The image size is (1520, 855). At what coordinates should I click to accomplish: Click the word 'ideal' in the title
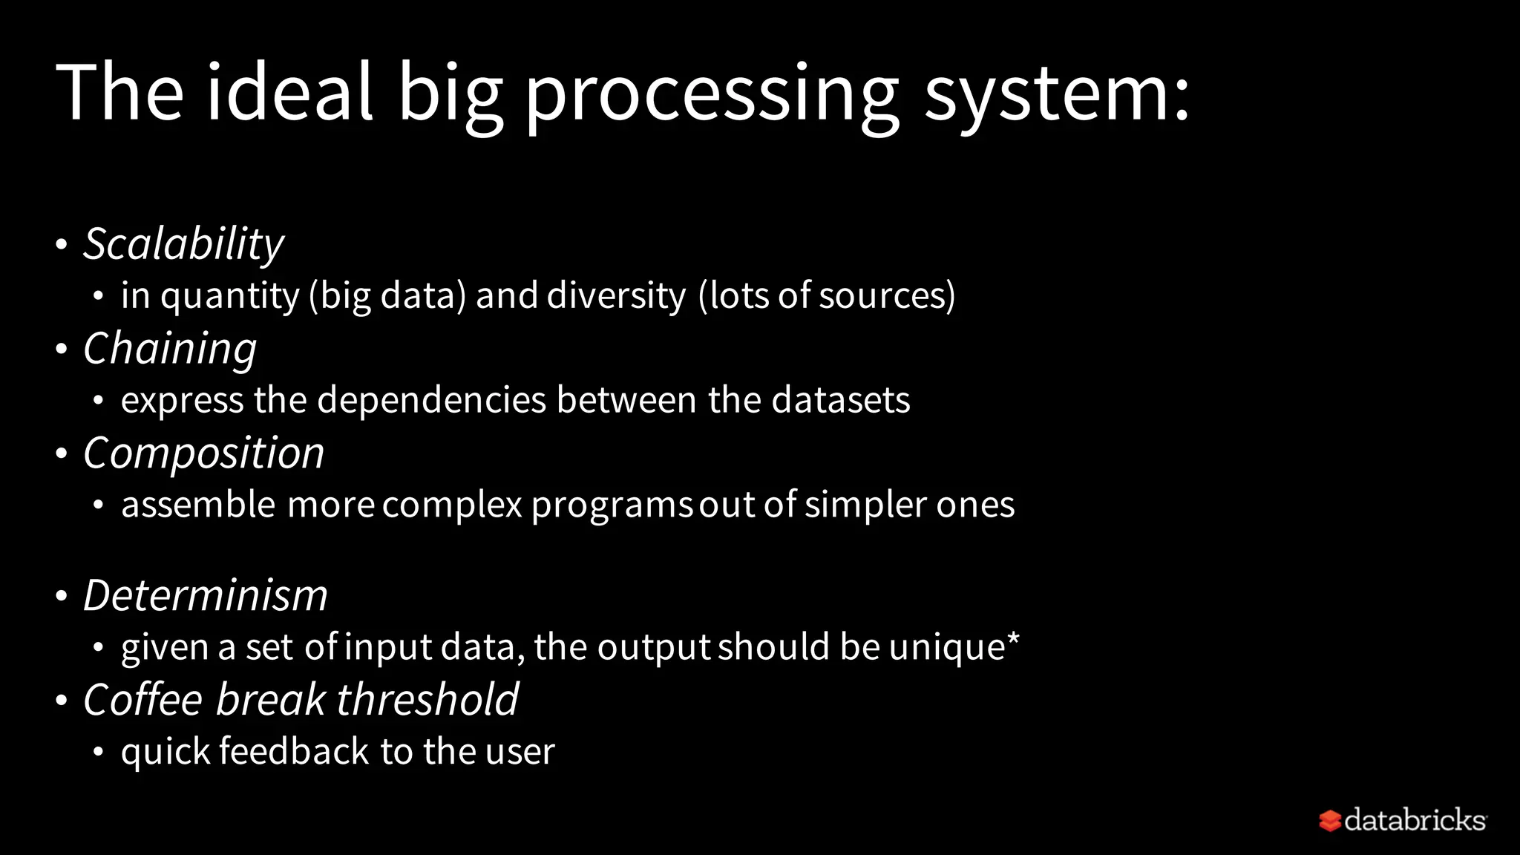tap(289, 92)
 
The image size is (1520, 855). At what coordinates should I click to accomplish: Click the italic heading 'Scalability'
tap(183, 244)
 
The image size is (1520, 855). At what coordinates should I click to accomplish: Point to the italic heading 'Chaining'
tap(170, 349)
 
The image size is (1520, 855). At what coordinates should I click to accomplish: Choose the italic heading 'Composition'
tap(203, 453)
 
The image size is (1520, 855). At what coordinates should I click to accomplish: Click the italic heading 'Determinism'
tap(205, 595)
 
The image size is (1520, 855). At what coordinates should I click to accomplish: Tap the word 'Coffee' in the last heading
tap(142, 699)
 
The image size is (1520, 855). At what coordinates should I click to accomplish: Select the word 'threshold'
tap(427, 699)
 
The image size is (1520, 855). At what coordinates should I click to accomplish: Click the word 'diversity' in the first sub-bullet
tap(616, 296)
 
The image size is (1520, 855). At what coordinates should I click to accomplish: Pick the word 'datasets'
tap(840, 400)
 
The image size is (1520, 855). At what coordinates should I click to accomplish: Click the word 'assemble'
tap(197, 505)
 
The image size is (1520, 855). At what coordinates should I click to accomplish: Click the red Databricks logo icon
tap(1329, 821)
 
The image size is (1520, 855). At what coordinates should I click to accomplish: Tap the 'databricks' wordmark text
tap(1415, 820)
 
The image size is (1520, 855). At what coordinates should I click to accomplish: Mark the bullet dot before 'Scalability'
tap(62, 244)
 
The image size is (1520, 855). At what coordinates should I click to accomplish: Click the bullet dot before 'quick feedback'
tap(99, 752)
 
